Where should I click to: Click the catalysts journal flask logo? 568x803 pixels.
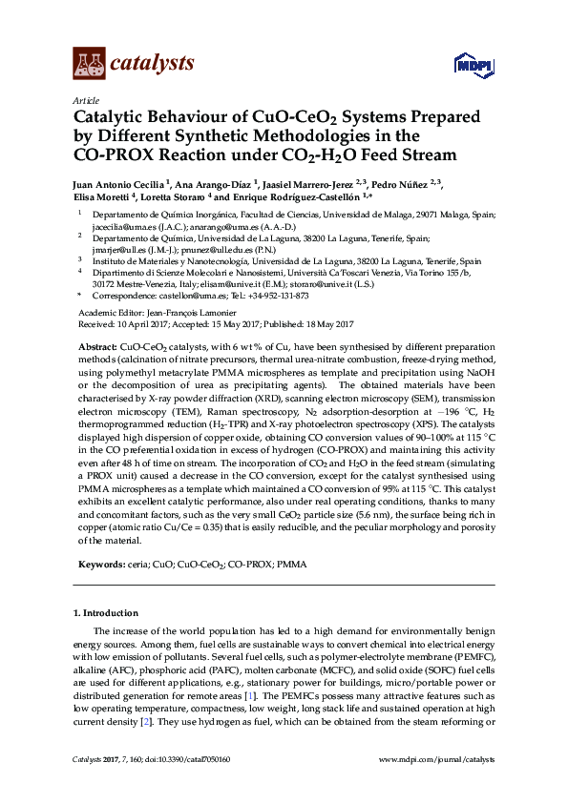coord(90,63)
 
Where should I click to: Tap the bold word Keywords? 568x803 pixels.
coord(99,565)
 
